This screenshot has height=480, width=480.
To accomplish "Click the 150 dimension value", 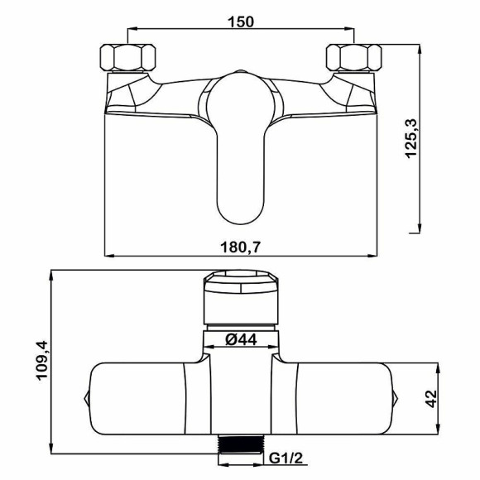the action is click(241, 22).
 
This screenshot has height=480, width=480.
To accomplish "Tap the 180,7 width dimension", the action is click(241, 247).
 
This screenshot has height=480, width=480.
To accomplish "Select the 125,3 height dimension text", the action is click(411, 138).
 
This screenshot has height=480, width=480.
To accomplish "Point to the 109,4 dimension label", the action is click(42, 360).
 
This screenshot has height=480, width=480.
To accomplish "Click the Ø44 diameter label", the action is click(241, 339).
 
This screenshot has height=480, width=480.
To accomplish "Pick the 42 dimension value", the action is click(432, 399).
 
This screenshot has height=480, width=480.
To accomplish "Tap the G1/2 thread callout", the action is click(286, 458).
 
